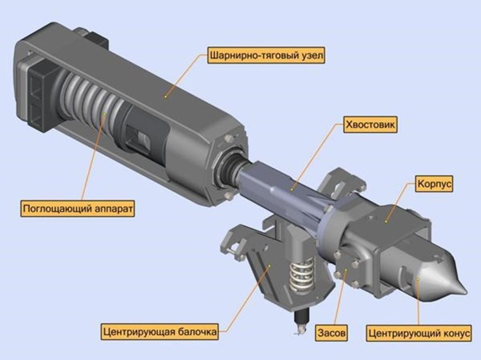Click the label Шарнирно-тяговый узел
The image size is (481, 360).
pyautogui.click(x=266, y=56)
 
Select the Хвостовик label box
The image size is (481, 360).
pyautogui.click(x=370, y=125)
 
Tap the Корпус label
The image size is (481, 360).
pyautogui.click(x=434, y=184)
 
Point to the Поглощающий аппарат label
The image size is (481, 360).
pyautogui.click(x=78, y=208)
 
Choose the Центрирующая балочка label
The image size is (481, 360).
pyautogui.click(x=160, y=331)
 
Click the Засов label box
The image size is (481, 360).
pyautogui.click(x=332, y=333)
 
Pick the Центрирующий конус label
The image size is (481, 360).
pyautogui.click(x=419, y=333)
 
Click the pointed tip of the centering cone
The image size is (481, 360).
pyautogui.click(x=466, y=291)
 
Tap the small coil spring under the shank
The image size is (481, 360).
pyautogui.click(x=302, y=275)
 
